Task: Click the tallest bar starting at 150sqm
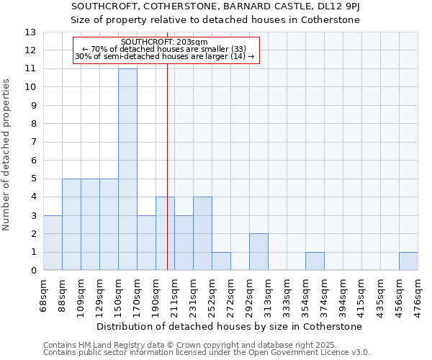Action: pyautogui.click(x=127, y=169)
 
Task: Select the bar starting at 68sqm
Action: pyautogui.click(x=53, y=243)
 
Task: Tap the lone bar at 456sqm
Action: pyautogui.click(x=408, y=261)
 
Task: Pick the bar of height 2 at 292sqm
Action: pyautogui.click(x=258, y=252)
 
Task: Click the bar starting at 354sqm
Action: pyautogui.click(x=315, y=261)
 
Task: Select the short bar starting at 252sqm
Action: pyautogui.click(x=221, y=261)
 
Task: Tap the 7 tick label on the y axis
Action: pyautogui.click(x=32, y=142)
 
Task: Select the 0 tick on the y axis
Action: pyautogui.click(x=32, y=271)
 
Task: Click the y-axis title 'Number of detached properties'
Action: pyautogui.click(x=7, y=156)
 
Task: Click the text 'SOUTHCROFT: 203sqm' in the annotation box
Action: pyautogui.click(x=165, y=42)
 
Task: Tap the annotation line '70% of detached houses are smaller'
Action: pyautogui.click(x=165, y=49)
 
